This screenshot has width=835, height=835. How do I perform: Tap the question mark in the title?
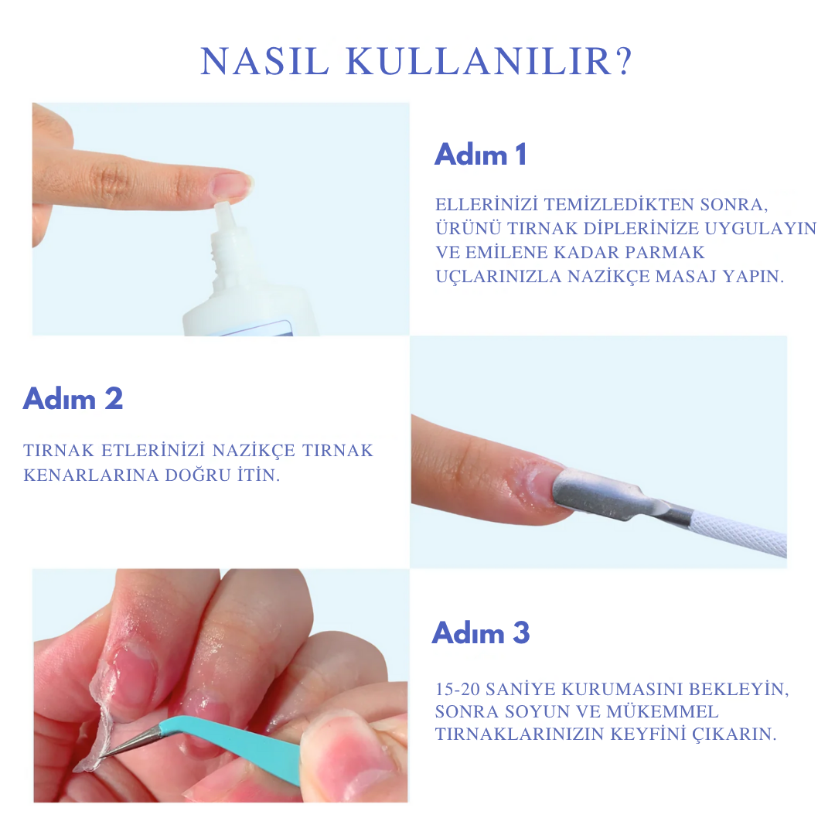coord(624,63)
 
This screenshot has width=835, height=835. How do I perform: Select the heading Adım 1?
coord(480,155)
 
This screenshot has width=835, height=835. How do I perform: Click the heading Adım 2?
coord(73,399)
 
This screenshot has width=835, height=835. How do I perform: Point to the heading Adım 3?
coord(481,632)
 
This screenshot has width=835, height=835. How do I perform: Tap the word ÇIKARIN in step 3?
coord(738,734)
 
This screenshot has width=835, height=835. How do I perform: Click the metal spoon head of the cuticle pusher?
coord(591,491)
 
